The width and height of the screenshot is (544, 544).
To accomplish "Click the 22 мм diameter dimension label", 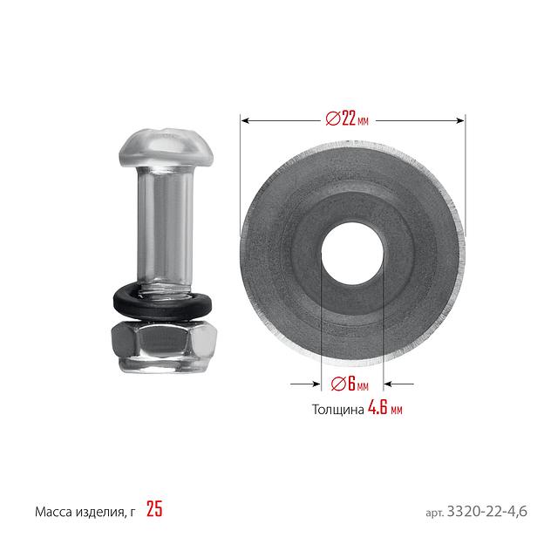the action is click(x=347, y=119).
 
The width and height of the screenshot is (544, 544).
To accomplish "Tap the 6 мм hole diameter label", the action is click(x=350, y=384).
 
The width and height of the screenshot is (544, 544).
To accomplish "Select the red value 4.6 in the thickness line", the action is click(x=377, y=407).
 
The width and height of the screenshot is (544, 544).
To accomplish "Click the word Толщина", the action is click(x=338, y=410).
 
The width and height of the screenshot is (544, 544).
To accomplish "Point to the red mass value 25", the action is click(x=154, y=509).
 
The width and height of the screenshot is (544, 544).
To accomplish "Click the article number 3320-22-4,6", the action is click(x=487, y=511).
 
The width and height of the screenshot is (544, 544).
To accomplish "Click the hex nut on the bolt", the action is click(x=164, y=345).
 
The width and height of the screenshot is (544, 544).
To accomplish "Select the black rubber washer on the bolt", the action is click(x=162, y=302).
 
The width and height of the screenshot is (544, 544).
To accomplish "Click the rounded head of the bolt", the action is click(x=166, y=148).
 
